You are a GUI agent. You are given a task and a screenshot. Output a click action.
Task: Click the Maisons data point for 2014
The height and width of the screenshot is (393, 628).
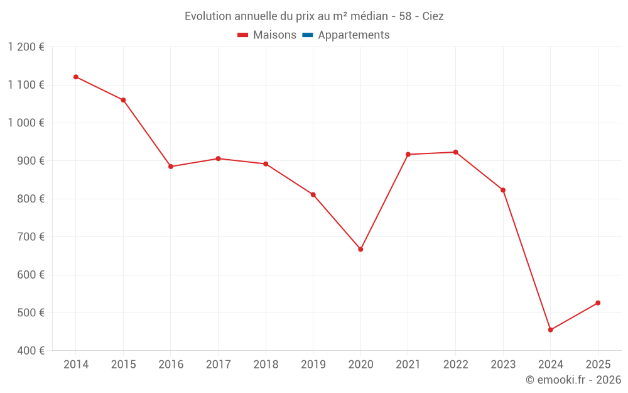[x=76, y=77]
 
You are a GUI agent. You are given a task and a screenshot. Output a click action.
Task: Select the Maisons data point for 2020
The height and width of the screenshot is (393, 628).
[x=360, y=250]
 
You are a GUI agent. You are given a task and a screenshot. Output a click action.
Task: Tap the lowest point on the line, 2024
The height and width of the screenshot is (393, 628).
[x=551, y=330]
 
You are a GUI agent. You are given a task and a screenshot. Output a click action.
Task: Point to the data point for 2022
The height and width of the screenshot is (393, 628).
[x=455, y=152]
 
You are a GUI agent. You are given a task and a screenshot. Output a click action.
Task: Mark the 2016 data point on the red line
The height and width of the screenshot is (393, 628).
[x=171, y=167]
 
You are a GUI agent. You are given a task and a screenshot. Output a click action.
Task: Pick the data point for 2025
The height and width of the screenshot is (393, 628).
[x=598, y=303]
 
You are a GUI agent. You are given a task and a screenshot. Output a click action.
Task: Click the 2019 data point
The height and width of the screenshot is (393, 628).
[x=313, y=195]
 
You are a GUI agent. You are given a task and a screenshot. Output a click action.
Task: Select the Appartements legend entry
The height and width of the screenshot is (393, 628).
[x=354, y=35]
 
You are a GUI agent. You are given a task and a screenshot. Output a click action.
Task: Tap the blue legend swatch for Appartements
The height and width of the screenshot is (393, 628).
[x=308, y=35]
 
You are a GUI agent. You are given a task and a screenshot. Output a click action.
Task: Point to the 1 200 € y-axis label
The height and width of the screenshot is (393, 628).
[x=26, y=47]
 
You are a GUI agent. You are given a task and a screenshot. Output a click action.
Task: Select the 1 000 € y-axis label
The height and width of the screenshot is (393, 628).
[x=26, y=123]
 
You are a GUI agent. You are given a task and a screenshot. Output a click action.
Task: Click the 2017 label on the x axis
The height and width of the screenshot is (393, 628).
[x=218, y=365]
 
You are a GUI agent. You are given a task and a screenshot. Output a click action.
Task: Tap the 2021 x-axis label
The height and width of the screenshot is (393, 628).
[x=408, y=365]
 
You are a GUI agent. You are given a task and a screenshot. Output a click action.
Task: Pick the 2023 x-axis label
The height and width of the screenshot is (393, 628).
[x=503, y=365]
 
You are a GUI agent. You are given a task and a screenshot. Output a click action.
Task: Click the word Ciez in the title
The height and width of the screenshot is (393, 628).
[x=433, y=16]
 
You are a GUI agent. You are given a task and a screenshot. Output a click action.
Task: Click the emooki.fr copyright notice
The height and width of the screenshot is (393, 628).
[x=573, y=380]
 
